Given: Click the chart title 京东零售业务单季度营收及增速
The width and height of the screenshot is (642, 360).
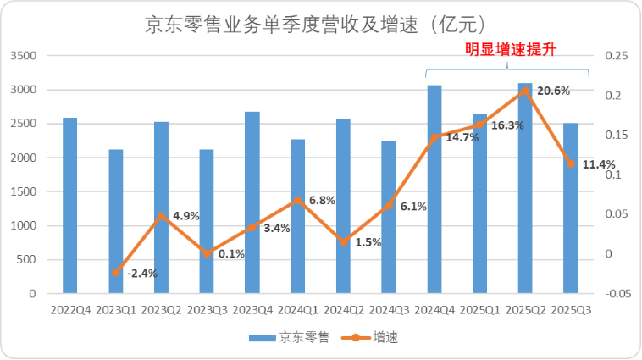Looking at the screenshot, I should tap(321, 25).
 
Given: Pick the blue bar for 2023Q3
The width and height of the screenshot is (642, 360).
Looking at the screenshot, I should tap(207, 222).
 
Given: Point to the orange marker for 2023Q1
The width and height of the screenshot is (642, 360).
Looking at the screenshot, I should tap(116, 273).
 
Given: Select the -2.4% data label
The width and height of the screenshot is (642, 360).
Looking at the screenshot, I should tap(142, 273).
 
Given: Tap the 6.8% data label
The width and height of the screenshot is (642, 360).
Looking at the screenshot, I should tap(323, 201).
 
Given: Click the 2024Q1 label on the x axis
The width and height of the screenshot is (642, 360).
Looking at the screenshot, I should tap(297, 310).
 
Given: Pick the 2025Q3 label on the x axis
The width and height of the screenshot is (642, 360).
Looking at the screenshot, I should tap(571, 310).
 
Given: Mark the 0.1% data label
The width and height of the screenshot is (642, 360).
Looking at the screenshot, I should tap(231, 253).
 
